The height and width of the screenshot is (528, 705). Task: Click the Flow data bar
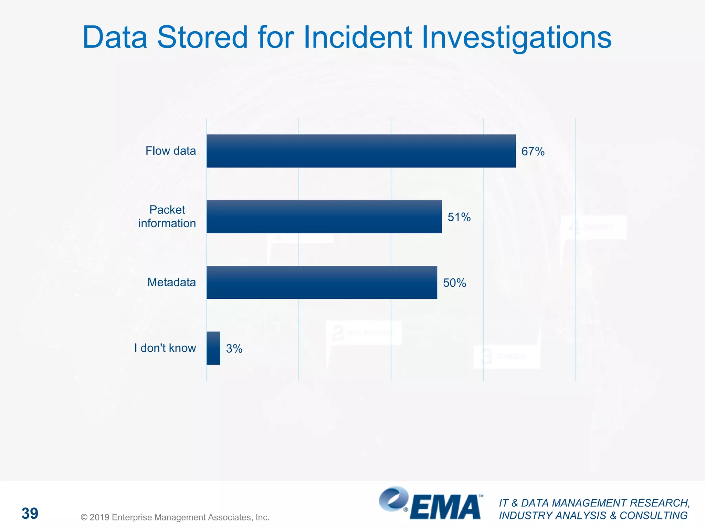point(361,151)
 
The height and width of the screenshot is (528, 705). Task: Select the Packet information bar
point(324,217)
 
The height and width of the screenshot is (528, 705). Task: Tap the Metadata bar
point(322,282)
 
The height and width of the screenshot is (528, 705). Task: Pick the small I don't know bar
point(213,348)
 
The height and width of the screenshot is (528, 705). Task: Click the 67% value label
point(533,151)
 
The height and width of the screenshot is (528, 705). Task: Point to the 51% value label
point(459,217)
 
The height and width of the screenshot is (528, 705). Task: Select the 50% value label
point(454,283)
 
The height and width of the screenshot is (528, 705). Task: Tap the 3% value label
point(234,349)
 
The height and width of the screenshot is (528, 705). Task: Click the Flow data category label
point(170,151)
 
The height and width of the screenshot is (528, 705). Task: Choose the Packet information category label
point(167,217)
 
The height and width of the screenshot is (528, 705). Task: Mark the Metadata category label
point(171,282)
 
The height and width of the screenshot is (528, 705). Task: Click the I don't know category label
point(165,348)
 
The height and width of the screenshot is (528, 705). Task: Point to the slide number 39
point(30,513)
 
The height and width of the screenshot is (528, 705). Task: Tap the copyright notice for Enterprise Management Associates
point(175,517)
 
